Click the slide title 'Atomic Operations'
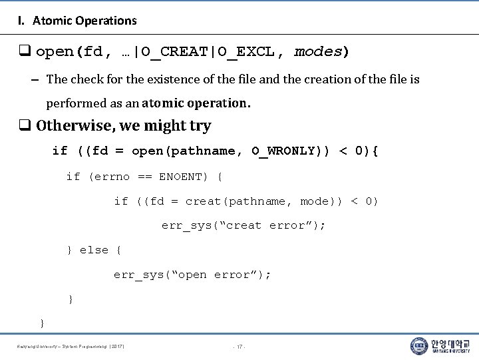point(84,21)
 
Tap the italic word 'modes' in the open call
point(318,51)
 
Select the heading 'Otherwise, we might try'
point(123,126)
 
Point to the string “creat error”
point(275,226)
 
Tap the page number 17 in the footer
point(239,347)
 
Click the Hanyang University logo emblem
point(419,345)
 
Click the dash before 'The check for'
point(33,80)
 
